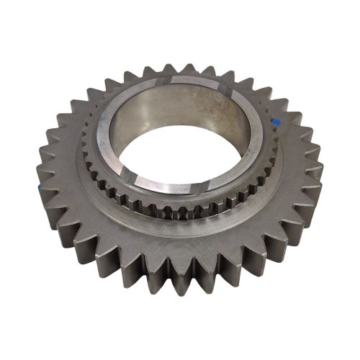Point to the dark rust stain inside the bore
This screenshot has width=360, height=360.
click(216, 108)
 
